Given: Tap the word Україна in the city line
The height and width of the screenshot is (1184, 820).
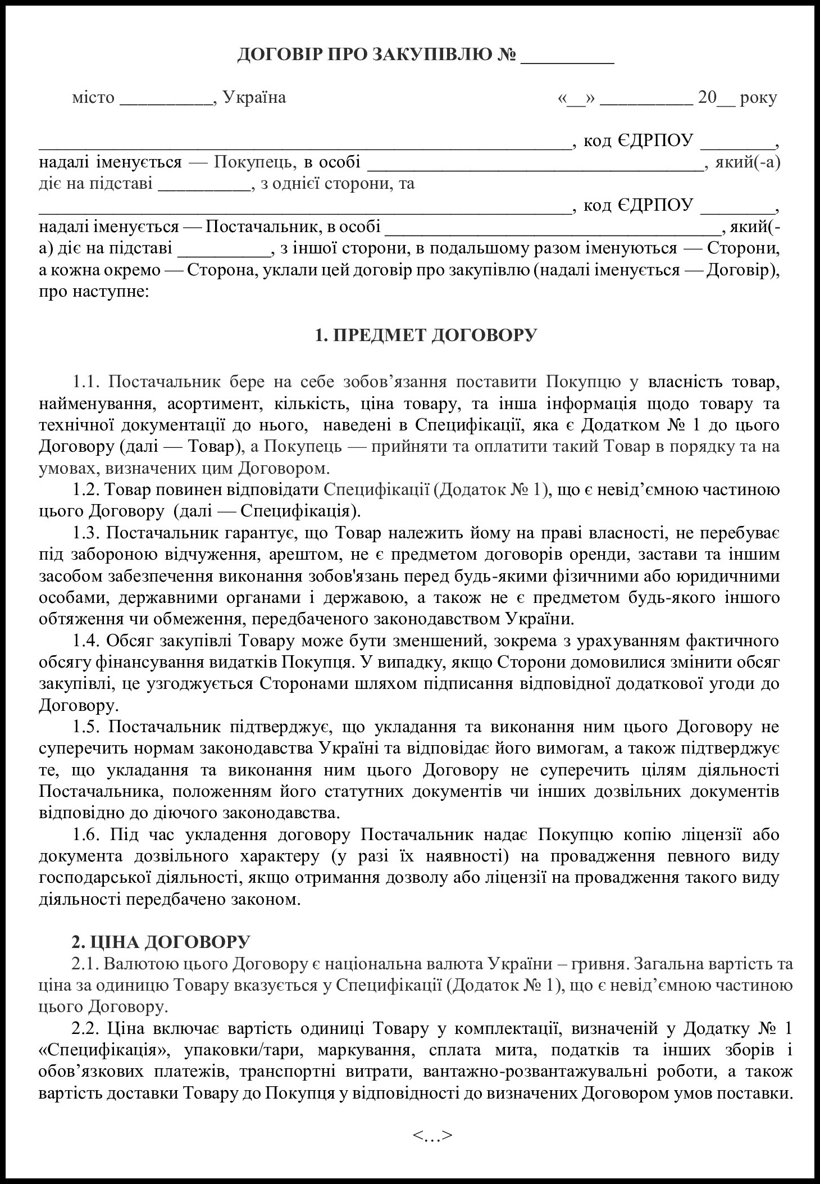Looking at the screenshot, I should point(254,97).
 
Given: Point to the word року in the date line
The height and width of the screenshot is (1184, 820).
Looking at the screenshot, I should point(758,98).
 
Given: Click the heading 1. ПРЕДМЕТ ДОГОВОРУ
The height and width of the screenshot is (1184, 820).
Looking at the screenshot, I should point(426,335).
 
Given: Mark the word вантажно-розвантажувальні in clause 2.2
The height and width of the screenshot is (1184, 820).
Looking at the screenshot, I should point(576,1072).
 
